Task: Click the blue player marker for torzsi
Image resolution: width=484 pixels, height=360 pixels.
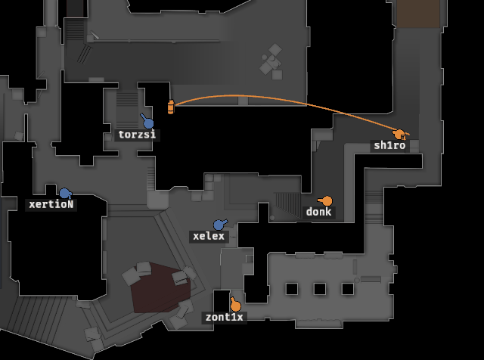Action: click(x=148, y=123)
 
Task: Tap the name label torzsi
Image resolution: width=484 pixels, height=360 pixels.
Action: click(x=137, y=135)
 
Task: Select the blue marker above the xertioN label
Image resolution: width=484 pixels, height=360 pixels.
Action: click(x=65, y=194)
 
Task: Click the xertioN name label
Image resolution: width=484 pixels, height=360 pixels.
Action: click(x=51, y=204)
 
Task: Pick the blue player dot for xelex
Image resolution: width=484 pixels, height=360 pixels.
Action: click(x=219, y=225)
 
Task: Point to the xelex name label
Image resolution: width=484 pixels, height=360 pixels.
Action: click(x=209, y=237)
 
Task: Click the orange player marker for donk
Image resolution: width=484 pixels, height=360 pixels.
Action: click(x=327, y=201)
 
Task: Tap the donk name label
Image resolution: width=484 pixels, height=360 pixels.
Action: click(x=318, y=212)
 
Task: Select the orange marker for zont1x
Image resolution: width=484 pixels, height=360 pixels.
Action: click(x=235, y=306)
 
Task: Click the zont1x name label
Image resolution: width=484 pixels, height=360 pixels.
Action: click(x=225, y=318)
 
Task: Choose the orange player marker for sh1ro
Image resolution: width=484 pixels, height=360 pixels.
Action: click(x=399, y=135)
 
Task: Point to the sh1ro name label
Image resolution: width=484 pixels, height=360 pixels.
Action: click(x=389, y=145)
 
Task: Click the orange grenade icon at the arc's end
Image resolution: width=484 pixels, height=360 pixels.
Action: click(x=171, y=107)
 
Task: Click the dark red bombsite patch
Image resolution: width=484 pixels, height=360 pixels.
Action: click(x=160, y=287)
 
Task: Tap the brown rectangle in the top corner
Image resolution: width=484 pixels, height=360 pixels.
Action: click(x=418, y=14)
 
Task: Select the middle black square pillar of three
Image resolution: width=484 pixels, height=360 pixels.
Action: click(x=320, y=289)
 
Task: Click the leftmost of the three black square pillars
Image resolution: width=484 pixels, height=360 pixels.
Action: click(x=292, y=289)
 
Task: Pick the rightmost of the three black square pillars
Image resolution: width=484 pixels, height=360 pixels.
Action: click(x=348, y=289)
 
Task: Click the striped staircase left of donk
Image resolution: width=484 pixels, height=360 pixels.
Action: click(x=287, y=204)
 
